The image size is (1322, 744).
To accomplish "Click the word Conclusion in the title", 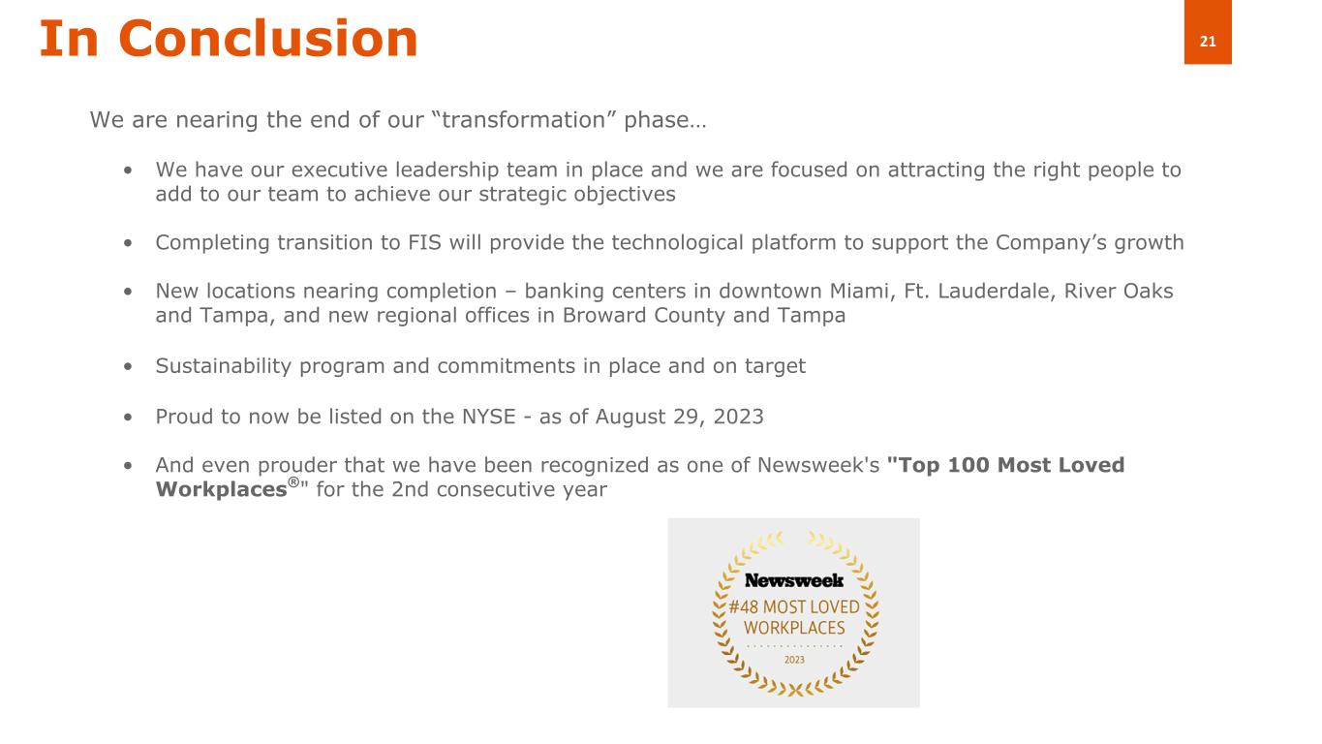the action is click(268, 39).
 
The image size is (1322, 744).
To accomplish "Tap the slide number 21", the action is click(1208, 42).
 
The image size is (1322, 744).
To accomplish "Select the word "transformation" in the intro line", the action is click(524, 119).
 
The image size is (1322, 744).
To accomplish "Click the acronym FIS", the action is click(424, 243).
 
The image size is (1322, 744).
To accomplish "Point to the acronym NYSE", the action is click(489, 417).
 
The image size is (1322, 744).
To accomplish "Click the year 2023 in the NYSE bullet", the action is click(738, 417).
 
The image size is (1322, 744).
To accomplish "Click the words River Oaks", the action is click(1119, 291).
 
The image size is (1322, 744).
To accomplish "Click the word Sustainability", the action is click(223, 366).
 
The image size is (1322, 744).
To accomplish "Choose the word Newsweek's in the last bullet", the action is click(818, 465).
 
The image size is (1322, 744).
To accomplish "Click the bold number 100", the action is click(968, 465).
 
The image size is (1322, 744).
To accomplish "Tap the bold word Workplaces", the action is click(222, 489).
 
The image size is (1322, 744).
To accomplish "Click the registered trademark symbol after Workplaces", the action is click(293, 482).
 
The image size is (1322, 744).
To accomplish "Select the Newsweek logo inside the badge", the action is click(794, 580).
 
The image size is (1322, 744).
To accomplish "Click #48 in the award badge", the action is click(743, 607).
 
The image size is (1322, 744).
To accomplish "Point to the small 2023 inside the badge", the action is click(794, 660).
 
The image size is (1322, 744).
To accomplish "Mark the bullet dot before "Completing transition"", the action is click(128, 243).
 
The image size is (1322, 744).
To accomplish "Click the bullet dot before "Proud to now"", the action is click(128, 417).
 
